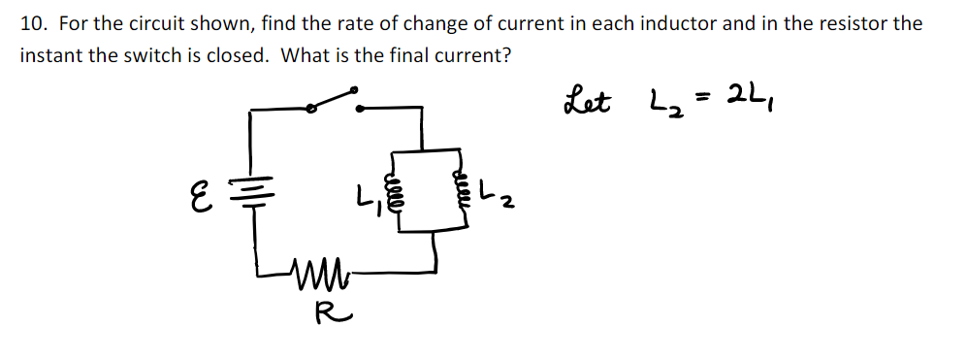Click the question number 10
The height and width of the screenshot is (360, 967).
[x=31, y=23]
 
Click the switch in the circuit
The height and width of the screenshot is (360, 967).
[x=335, y=101]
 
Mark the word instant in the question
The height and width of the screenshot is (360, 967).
[x=50, y=54]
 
